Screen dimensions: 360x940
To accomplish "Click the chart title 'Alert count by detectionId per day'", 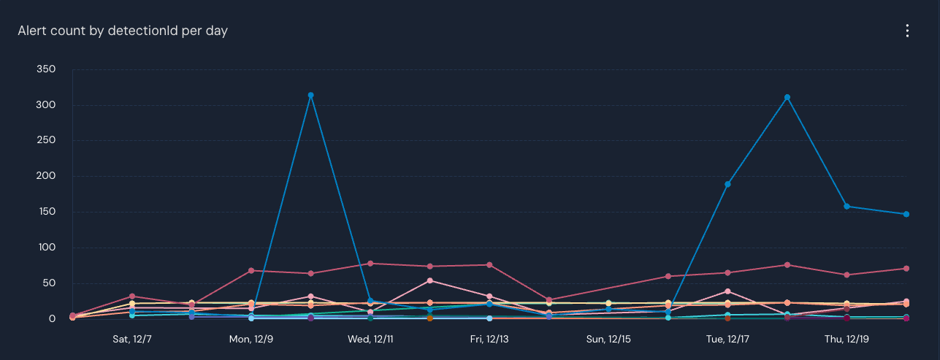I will coord(123,31).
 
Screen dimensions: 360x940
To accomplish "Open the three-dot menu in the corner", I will coord(907,31).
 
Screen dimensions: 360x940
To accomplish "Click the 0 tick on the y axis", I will coord(53,319).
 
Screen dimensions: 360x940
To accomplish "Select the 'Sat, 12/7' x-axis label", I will coord(132,340).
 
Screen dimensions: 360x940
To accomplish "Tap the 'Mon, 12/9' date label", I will coord(251,340).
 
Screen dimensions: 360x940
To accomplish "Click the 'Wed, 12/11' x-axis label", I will coord(370,340).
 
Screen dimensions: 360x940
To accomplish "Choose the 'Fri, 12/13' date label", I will coord(489,340).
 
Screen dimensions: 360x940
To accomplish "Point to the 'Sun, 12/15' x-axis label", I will coord(608,340).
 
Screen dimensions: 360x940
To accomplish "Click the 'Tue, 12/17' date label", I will coord(727,340).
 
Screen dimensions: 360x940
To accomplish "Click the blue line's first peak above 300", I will coord(310,95).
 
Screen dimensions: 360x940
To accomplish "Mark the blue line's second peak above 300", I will coord(787,97).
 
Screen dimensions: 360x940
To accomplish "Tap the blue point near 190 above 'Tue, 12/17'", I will coord(727,184).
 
